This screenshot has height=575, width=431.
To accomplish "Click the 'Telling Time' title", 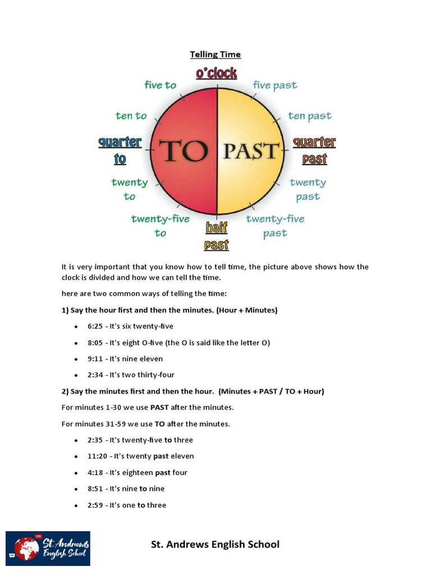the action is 215,54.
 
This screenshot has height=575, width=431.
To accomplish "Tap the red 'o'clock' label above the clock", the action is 216,73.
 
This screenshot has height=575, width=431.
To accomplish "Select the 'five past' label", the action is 275,85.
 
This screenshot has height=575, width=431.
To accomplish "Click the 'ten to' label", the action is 131,116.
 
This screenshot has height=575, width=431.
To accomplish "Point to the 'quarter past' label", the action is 314,150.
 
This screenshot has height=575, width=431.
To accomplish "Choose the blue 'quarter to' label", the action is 120,150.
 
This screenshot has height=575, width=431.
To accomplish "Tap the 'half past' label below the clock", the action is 216,236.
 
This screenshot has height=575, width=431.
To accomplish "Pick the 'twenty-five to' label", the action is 161,225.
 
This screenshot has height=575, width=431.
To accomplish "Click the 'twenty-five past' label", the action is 274,225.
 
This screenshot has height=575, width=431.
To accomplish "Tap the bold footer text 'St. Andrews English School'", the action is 215,544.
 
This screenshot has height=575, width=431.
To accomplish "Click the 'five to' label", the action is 161,85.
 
